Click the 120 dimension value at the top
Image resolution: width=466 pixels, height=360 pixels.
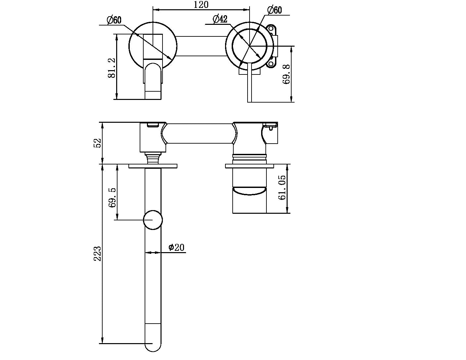tap(201, 5)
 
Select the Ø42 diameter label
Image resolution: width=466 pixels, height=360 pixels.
tap(220, 19)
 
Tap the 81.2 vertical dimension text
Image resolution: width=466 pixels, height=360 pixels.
tap(111, 67)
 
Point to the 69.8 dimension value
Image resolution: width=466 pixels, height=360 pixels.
tap(287, 74)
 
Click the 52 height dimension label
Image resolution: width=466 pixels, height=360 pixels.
tap(97, 143)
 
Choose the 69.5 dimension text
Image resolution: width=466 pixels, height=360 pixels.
tap(112, 198)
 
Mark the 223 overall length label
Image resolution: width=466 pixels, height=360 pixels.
tap(97, 253)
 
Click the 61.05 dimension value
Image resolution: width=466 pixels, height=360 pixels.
tap(282, 187)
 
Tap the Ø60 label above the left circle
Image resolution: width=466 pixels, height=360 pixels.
tap(114, 20)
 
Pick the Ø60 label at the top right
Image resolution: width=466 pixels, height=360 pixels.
tap(274, 10)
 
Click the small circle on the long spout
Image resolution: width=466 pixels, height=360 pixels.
tap(153, 220)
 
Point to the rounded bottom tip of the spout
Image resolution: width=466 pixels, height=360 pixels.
tap(153, 347)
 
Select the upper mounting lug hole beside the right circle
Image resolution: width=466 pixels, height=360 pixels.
tap(272, 29)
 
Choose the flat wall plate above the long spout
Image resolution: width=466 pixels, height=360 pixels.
tap(153, 166)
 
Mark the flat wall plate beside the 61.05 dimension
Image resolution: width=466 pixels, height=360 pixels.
tap(249, 166)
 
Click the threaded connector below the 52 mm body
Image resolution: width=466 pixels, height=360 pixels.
tap(153, 158)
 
